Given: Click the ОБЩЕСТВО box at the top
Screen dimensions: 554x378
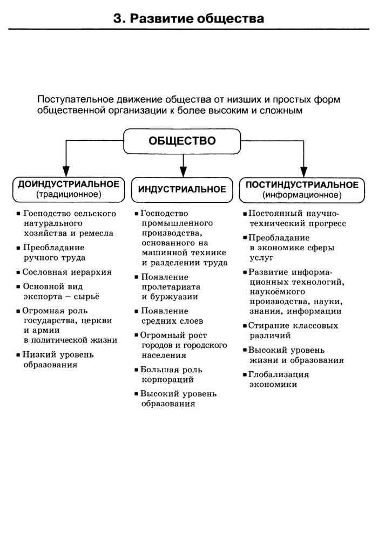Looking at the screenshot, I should click(x=182, y=141).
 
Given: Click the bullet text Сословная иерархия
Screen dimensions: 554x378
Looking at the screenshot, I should click(x=67, y=272).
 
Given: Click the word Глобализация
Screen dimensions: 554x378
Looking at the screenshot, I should click(x=279, y=374).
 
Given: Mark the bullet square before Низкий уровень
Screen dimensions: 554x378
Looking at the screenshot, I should click(x=18, y=355).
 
